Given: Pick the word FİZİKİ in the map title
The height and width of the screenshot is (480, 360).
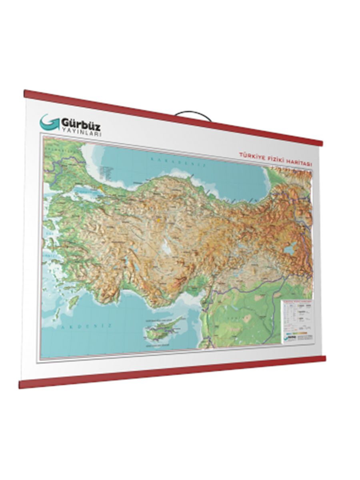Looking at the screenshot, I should (x=273, y=159).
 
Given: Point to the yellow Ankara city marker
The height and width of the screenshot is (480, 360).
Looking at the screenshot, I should (x=159, y=220).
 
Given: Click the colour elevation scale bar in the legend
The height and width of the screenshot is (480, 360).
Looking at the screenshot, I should (x=296, y=333).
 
